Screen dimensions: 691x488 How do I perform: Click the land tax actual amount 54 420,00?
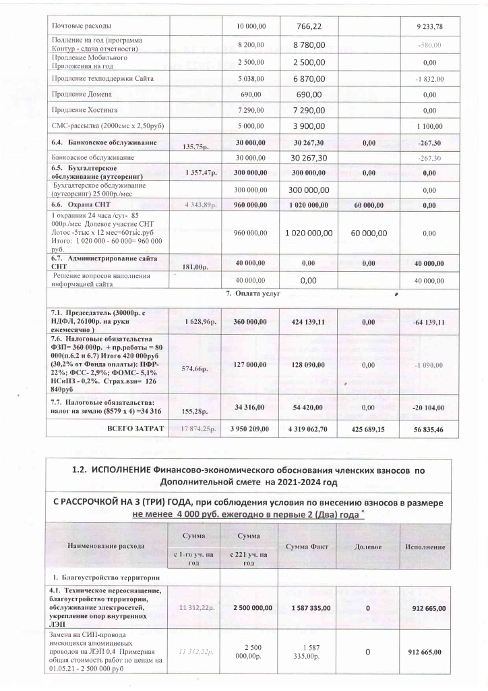pos(307,408)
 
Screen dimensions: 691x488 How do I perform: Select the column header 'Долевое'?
pos(367,546)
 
